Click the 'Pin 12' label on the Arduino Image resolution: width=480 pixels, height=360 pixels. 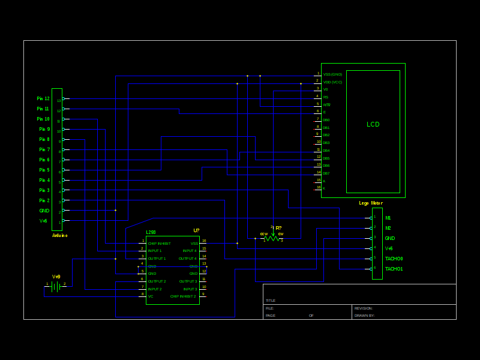click(43, 98)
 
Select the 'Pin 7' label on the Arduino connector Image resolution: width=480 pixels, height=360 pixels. click(44, 149)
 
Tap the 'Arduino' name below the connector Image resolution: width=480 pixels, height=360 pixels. click(59, 235)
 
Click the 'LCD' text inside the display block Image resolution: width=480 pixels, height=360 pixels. click(373, 125)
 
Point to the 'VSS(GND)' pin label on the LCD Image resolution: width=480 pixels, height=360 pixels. click(332, 74)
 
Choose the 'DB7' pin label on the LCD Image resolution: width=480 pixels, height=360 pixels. click(326, 173)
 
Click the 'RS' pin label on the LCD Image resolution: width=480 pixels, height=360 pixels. click(326, 97)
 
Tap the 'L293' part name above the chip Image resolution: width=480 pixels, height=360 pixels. click(151, 232)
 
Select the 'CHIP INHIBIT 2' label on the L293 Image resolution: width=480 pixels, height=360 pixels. click(183, 296)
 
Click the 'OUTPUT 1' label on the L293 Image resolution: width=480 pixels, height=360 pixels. click(157, 259)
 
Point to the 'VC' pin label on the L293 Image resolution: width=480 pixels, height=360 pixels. click(151, 296)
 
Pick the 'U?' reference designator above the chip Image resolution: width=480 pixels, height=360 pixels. click(196, 231)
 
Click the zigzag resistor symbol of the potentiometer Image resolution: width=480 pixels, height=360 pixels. click(272, 238)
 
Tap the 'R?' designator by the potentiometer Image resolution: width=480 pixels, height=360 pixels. click(278, 228)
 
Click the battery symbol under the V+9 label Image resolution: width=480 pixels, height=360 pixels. click(56, 287)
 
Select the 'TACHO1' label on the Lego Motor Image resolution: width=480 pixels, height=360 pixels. click(394, 269)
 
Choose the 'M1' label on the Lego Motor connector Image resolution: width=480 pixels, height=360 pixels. click(388, 218)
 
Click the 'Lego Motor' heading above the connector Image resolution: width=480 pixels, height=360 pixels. click(371, 203)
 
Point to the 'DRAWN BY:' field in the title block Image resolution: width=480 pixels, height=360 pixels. click(364, 315)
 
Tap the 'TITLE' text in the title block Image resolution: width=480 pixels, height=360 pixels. click(271, 301)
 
